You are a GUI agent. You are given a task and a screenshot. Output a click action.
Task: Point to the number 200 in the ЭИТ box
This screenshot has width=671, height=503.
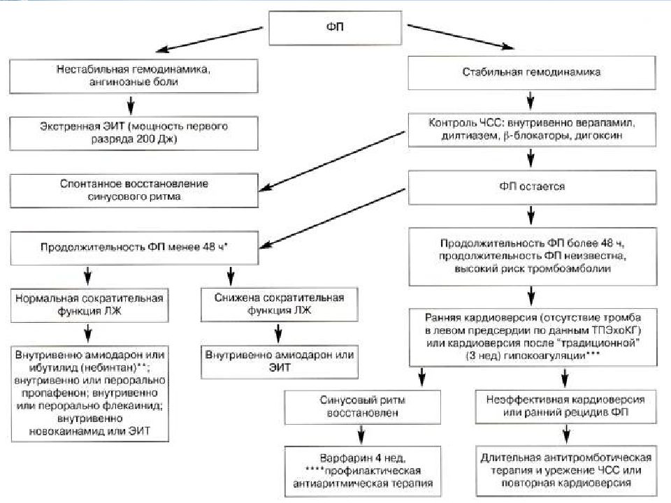click(x=146, y=139)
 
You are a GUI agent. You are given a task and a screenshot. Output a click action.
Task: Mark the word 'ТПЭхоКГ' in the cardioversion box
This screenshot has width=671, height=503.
click(x=616, y=330)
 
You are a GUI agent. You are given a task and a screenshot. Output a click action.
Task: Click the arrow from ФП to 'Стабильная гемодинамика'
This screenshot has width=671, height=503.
click(x=461, y=37)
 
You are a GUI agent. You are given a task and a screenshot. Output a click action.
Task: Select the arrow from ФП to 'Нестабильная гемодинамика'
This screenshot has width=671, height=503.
click(x=209, y=40)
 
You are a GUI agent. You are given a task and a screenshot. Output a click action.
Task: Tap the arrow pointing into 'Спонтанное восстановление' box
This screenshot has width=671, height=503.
click(x=333, y=161)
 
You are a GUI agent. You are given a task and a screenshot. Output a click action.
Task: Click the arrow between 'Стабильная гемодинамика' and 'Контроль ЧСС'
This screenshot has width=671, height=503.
click(x=531, y=101)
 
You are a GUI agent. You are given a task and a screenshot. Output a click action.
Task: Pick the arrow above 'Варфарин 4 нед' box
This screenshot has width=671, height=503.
click(x=361, y=435)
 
